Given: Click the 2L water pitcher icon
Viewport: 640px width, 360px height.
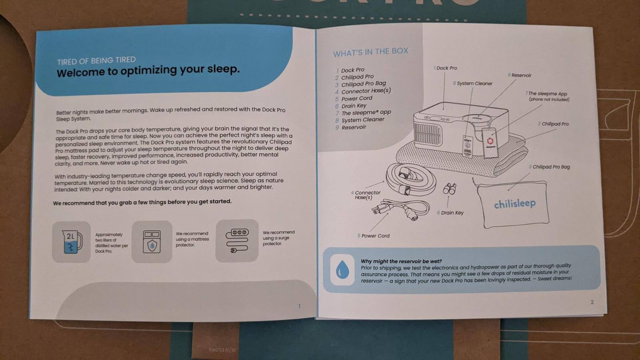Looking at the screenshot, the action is pyautogui.click(x=72, y=242).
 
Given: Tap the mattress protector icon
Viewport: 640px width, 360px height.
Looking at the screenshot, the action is pyautogui.click(x=152, y=242).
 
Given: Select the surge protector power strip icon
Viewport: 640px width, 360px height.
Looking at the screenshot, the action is pyautogui.click(x=237, y=240).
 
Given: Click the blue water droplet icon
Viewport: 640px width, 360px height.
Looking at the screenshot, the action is pyautogui.click(x=342, y=270).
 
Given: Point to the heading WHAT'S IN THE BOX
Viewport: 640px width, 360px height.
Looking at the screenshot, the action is pyautogui.click(x=370, y=52).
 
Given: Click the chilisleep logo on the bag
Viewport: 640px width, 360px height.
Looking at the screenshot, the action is pyautogui.click(x=515, y=204).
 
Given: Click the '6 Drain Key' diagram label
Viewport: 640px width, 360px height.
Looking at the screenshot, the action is pyautogui.click(x=450, y=213).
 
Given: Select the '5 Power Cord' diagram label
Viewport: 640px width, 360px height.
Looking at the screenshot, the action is pyautogui.click(x=373, y=236).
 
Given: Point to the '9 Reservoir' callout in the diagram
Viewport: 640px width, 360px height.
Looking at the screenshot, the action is pyautogui.click(x=520, y=75).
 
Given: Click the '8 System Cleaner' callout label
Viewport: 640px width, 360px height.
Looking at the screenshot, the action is pyautogui.click(x=472, y=84).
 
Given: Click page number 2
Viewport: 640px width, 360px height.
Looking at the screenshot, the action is pyautogui.click(x=592, y=302).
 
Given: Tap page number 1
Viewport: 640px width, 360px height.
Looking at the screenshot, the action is pyautogui.click(x=300, y=306).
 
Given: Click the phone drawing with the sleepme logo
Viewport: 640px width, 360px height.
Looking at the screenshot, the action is pyautogui.click(x=490, y=142).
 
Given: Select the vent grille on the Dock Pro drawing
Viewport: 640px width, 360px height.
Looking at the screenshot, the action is pyautogui.click(x=428, y=135).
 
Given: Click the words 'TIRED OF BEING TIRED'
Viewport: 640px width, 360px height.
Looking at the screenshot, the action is pyautogui.click(x=96, y=60).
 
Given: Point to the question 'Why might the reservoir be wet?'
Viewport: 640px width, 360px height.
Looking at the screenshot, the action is pyautogui.click(x=401, y=261).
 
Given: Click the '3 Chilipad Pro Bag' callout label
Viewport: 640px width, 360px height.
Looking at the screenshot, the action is pyautogui.click(x=549, y=167).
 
